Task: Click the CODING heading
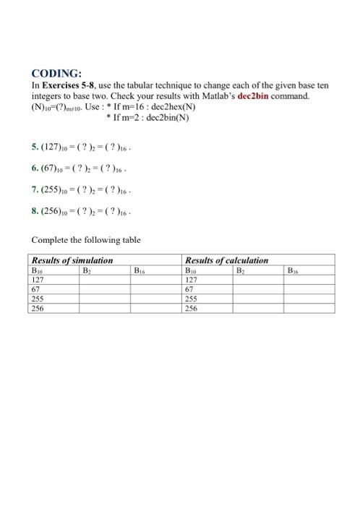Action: point(58,73)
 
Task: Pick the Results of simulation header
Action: point(72,260)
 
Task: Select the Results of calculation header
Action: point(226,260)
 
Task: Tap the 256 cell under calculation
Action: point(192,308)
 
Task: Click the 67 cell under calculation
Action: point(190,287)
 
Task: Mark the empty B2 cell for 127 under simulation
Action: point(105,277)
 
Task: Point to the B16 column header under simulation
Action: point(142,268)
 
